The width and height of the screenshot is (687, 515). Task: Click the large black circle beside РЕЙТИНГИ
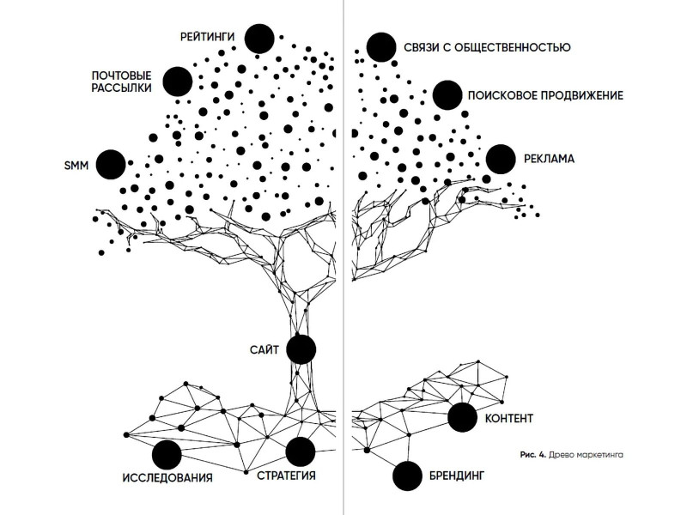pos(259,39)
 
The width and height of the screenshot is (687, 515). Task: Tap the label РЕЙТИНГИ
pos(207,37)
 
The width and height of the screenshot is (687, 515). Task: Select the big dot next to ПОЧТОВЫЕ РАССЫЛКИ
pos(178,82)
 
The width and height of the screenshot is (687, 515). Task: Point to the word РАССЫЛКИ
pos(121,88)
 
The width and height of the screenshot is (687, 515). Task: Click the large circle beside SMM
pos(111,165)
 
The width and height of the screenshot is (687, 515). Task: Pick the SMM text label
pos(76,166)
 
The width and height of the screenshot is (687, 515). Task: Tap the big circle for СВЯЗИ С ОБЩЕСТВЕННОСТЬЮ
pos(381,47)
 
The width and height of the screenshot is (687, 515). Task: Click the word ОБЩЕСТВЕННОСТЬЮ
pos(513,47)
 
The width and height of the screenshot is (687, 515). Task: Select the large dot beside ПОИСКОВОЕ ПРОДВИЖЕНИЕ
pos(447,95)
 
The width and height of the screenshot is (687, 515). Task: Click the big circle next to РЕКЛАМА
pos(501,160)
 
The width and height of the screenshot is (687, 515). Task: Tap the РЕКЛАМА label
pos(549,159)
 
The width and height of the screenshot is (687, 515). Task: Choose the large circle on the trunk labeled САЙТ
pos(301,349)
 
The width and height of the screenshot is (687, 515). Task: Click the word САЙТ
pos(264,350)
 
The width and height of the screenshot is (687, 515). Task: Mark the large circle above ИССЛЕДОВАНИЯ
pos(167,455)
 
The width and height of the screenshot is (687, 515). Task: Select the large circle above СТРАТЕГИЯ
pos(300,451)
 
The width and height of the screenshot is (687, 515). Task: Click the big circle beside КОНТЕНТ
pos(462,417)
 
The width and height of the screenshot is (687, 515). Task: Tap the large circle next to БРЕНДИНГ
pos(407,476)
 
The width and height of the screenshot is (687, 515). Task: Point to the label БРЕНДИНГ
pos(457,476)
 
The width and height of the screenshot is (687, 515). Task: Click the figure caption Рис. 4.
pos(533,455)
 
